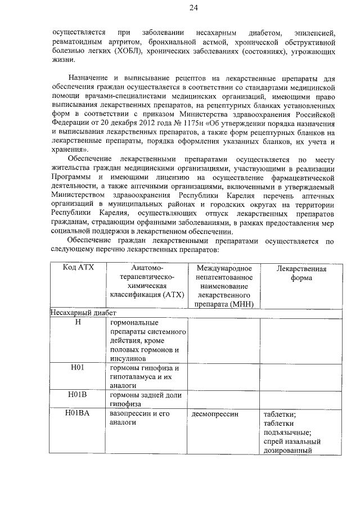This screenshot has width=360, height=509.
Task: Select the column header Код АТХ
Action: click(79, 268)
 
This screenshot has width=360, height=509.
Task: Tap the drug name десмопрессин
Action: click(215, 414)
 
